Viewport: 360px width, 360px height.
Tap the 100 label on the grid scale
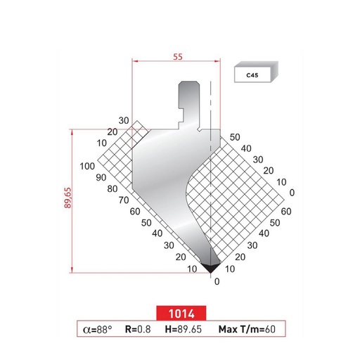87,167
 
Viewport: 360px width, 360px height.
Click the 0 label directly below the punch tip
216,281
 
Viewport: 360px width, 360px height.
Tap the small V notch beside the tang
202,129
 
